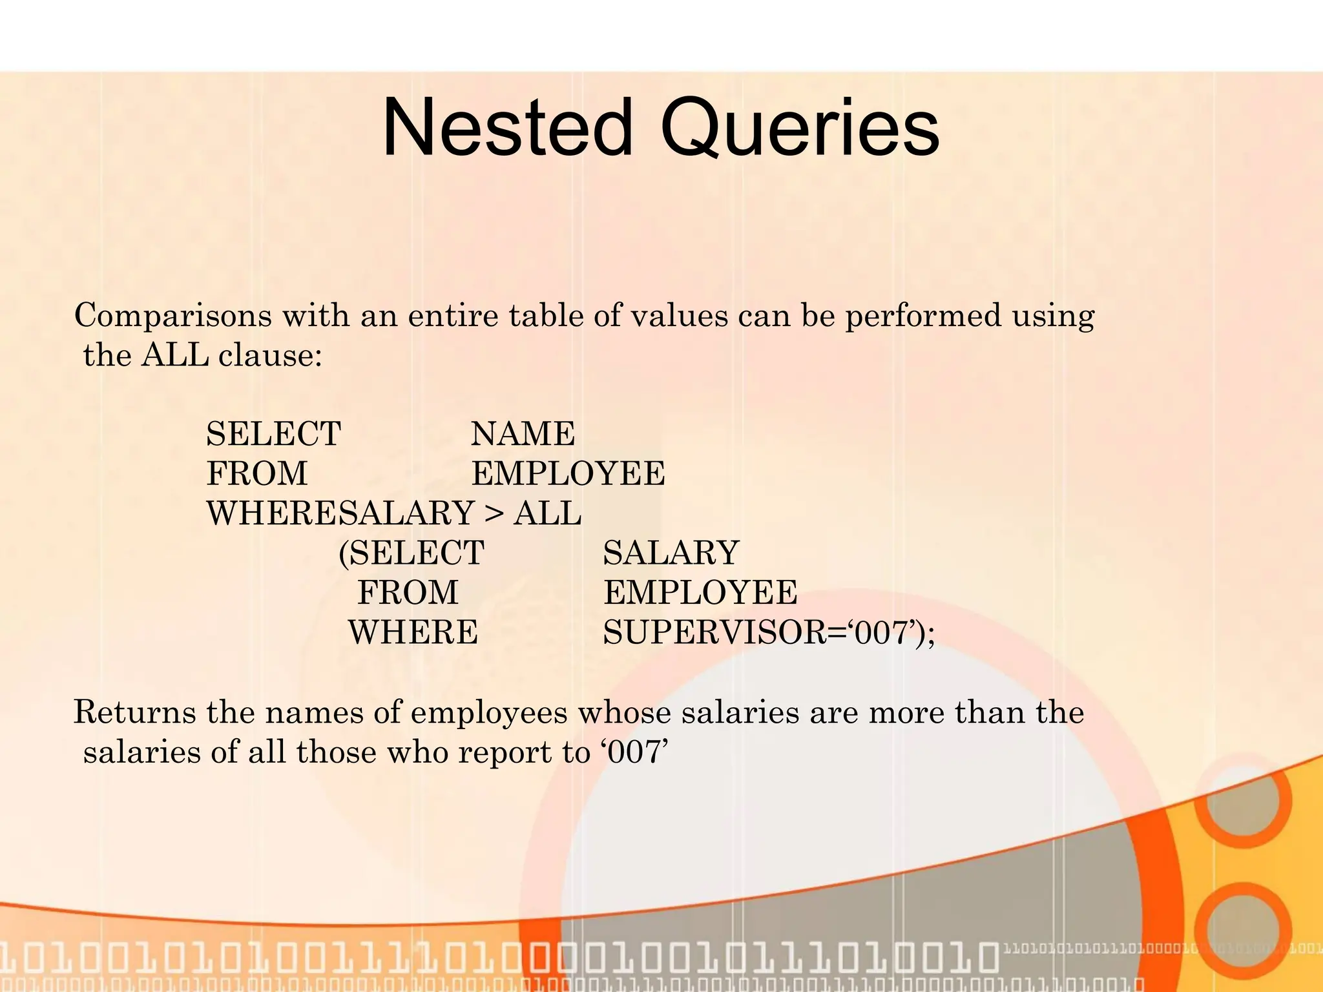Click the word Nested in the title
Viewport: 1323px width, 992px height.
pos(507,128)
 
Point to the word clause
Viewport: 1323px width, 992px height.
pos(269,356)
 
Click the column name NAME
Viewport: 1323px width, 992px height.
pos(523,434)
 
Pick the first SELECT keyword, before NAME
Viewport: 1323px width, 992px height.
pos(273,434)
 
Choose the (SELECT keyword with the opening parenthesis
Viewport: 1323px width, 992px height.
pos(411,553)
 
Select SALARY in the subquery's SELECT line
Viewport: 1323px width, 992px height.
pos(671,553)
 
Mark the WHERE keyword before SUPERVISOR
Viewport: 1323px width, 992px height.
pos(413,633)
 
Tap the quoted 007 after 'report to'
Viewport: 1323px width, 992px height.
pos(636,752)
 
